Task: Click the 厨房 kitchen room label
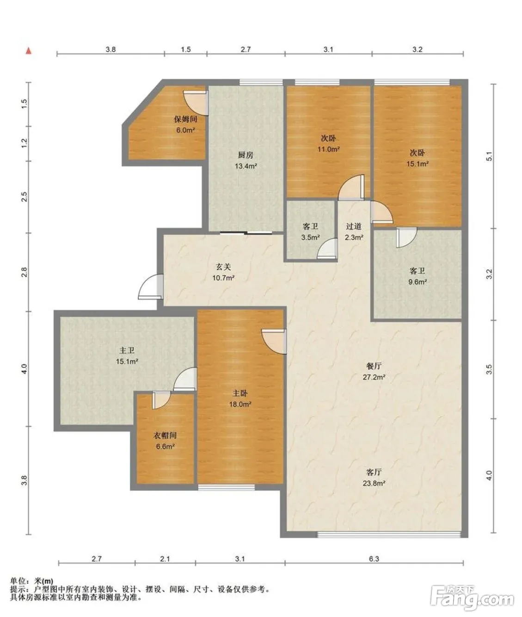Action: [246, 155]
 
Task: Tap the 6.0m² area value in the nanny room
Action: [185, 130]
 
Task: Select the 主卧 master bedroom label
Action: [240, 393]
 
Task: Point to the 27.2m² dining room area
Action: [374, 377]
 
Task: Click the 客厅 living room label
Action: [374, 472]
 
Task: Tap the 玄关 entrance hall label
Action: [223, 267]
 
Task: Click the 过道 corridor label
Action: [354, 226]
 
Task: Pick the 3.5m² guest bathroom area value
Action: [310, 237]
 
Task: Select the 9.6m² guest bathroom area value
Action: [418, 282]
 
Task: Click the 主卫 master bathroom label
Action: [127, 350]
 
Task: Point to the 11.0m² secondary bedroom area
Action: [328, 149]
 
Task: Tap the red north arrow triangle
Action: [29, 51]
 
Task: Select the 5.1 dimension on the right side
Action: [489, 156]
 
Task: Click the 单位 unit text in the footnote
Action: [18, 580]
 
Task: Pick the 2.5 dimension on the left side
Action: [25, 197]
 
